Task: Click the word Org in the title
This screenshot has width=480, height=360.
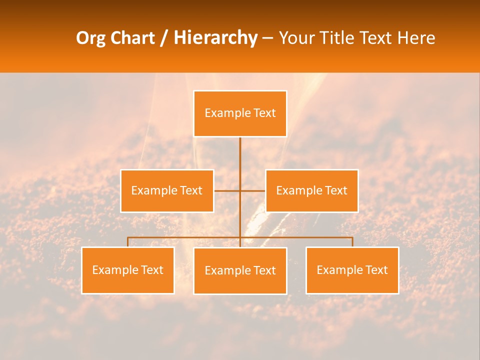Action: pyautogui.click(x=90, y=38)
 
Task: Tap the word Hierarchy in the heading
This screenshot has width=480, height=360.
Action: pyautogui.click(x=215, y=38)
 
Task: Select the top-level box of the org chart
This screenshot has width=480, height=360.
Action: pyautogui.click(x=240, y=113)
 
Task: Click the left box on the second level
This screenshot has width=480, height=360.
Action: pyautogui.click(x=167, y=190)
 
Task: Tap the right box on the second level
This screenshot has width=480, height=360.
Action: pyautogui.click(x=311, y=190)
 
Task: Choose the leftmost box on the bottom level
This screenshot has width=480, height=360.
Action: pyautogui.click(x=128, y=270)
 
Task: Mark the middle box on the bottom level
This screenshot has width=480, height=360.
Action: pyautogui.click(x=240, y=270)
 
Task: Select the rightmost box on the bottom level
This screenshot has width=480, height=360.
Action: pyautogui.click(x=352, y=270)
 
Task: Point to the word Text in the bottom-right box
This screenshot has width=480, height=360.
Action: pyautogui.click(x=376, y=270)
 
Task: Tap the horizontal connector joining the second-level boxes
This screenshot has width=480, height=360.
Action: pyautogui.click(x=227, y=190)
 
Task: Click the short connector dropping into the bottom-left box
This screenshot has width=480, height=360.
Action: pyautogui.click(x=128, y=242)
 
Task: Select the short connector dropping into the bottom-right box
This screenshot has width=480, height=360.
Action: pyautogui.click(x=352, y=242)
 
